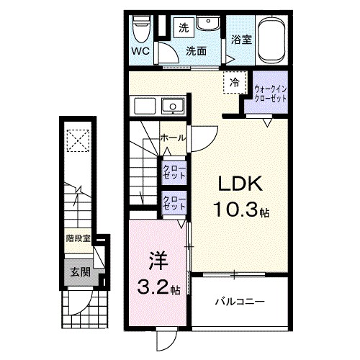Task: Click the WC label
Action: pos(140,52)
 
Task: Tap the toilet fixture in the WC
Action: pos(142,30)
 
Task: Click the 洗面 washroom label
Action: pos(195,51)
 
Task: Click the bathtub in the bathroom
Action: pos(271,40)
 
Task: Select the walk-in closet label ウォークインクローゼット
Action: pos(269,94)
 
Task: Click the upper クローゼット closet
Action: pos(174,171)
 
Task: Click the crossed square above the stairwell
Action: pos(76,139)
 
